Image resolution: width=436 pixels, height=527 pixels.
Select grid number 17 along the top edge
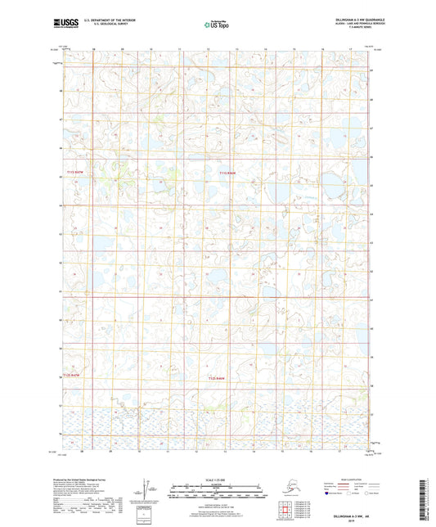click(351, 49)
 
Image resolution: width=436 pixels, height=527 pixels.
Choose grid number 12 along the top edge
click(208, 49)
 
